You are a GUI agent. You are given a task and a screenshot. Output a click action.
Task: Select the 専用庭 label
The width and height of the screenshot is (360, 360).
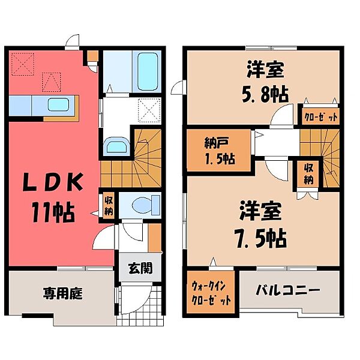click(62, 294)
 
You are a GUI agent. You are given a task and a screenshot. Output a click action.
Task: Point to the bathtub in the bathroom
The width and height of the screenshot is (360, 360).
click(146, 71)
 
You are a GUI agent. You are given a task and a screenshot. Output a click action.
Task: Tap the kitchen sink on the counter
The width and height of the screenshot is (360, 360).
click(58, 104)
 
